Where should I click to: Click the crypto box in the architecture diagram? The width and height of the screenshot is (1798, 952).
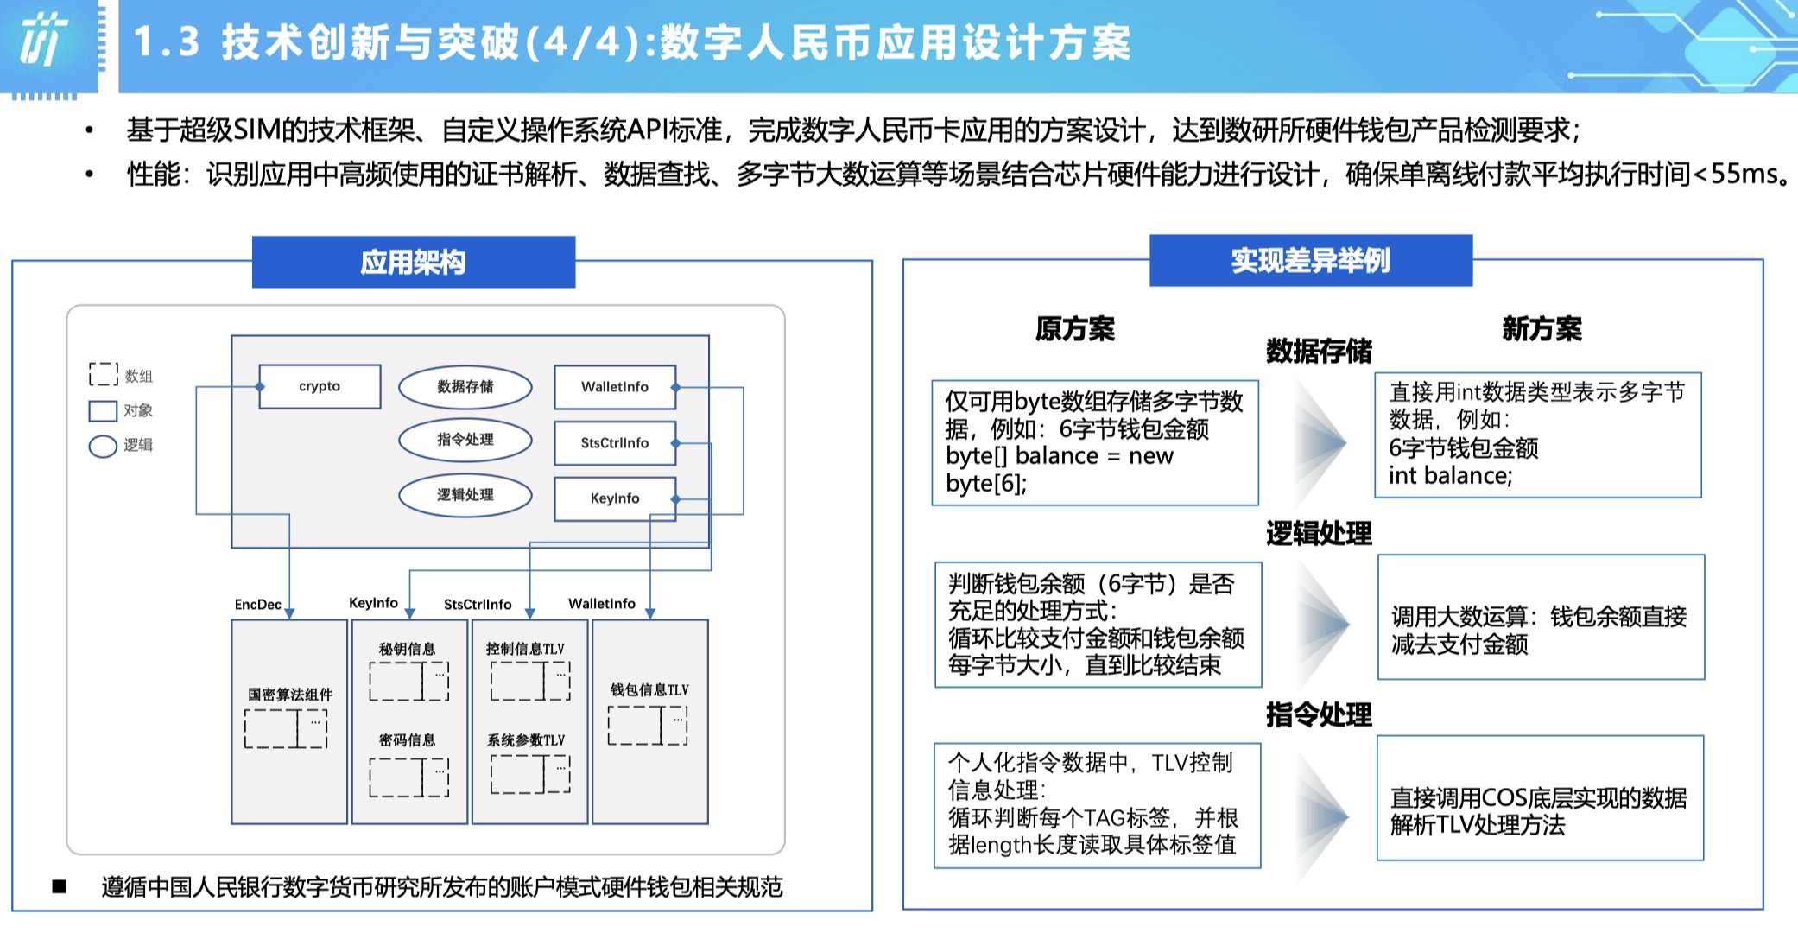coord(320,386)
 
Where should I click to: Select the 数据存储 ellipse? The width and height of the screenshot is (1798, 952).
coord(465,387)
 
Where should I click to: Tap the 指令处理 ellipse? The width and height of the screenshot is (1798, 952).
coord(465,440)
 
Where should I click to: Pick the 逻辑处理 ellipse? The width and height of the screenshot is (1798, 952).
coord(465,495)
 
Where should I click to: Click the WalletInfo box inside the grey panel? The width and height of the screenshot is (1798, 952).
coord(615,387)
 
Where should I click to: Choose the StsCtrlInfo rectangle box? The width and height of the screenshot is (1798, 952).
coord(615,443)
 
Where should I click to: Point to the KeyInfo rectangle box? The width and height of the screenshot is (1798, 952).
coord(615,498)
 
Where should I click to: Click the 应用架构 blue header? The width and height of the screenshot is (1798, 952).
coord(414,262)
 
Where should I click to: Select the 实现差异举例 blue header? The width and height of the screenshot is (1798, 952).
coord(1311,260)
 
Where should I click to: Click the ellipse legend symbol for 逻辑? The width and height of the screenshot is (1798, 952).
coord(103,446)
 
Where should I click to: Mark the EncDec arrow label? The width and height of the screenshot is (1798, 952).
coord(257,605)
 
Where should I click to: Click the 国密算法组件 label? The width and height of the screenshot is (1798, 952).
coord(290,695)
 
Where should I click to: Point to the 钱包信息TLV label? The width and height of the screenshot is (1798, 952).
coord(649,689)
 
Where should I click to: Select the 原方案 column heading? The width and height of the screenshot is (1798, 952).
coord(1075,329)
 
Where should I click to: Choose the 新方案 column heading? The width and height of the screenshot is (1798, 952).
coord(1542,329)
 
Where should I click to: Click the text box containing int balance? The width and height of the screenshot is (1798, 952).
coord(1538,435)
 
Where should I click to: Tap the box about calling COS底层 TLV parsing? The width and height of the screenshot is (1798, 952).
coord(1541,798)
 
